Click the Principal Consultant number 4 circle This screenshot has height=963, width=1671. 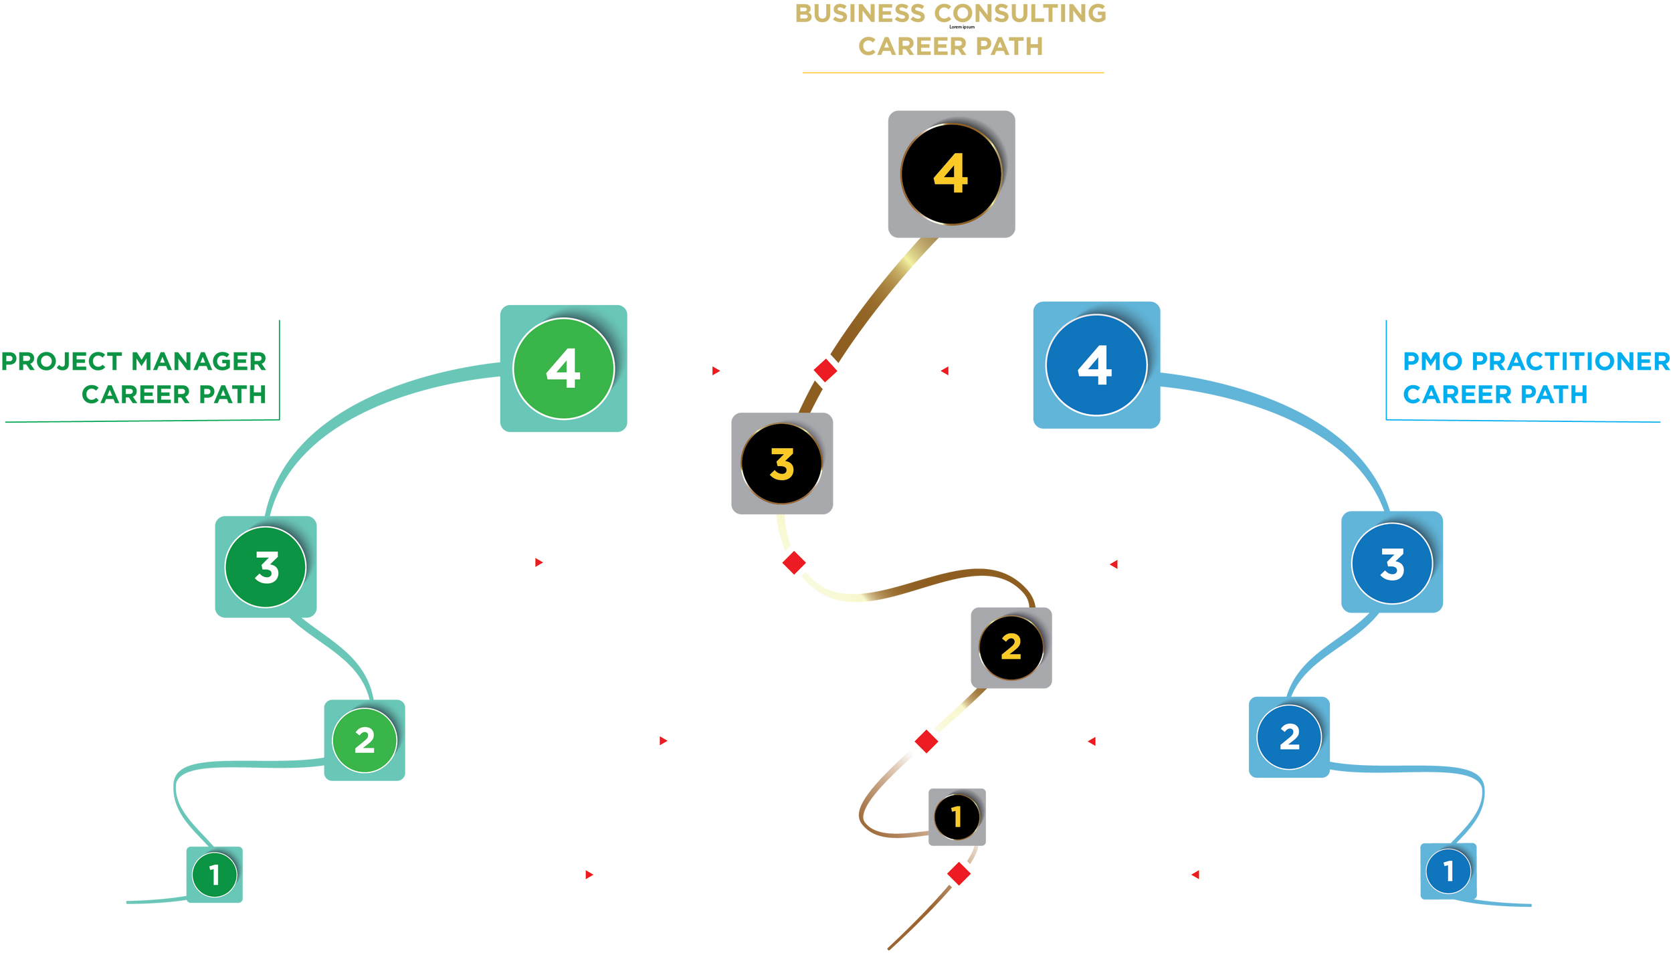951,174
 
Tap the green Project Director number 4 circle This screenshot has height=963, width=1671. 563,368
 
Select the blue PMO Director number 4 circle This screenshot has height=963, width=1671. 1096,365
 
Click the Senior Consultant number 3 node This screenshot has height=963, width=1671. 781,463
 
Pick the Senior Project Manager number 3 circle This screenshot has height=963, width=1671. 266,567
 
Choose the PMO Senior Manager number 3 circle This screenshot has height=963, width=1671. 1391,563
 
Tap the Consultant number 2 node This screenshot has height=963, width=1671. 1011,647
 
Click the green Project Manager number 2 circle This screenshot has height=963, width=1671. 365,740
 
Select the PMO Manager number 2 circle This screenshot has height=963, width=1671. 1288,736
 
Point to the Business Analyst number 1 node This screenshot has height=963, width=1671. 957,817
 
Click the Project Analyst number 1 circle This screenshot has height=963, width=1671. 214,874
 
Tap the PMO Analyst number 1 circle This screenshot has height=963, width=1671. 1448,871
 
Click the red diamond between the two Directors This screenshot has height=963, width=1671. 825,369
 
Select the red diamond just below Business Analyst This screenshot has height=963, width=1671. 959,873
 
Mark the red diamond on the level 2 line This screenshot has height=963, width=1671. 926,741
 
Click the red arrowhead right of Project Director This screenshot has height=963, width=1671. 716,370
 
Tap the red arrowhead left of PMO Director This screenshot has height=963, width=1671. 944,370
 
